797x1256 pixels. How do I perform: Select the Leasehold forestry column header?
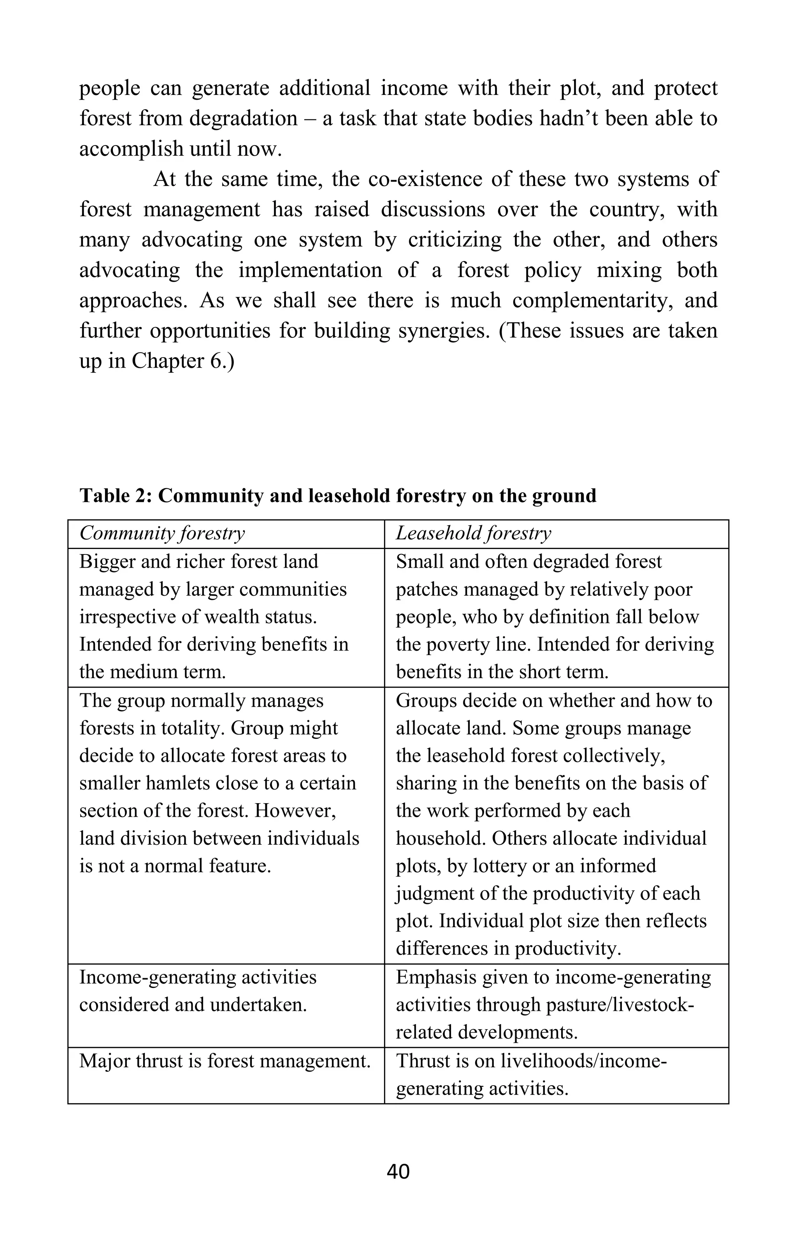473,533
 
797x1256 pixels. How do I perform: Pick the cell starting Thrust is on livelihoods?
531,1074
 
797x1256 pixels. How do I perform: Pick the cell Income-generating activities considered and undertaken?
198,991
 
